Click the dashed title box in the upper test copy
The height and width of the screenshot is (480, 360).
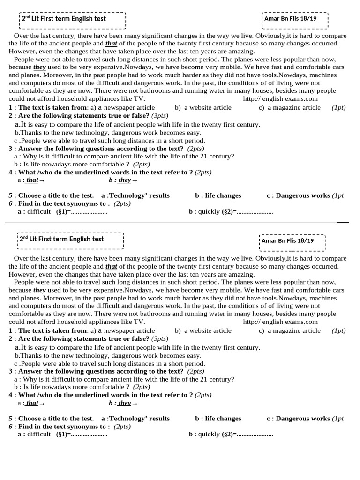pos(73,19)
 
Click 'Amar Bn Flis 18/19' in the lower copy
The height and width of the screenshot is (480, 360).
pos(287,241)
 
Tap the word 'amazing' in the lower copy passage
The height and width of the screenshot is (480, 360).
pos(240,274)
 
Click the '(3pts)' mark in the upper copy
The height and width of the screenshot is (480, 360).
pos(160,116)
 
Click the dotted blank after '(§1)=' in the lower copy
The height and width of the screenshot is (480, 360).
pos(89,435)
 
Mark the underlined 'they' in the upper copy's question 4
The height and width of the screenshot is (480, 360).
pos(125,180)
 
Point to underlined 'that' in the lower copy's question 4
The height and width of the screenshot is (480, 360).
pos(32,403)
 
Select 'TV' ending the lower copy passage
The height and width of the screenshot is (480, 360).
pos(139,322)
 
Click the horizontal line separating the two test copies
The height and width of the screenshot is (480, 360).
pos(178,223)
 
